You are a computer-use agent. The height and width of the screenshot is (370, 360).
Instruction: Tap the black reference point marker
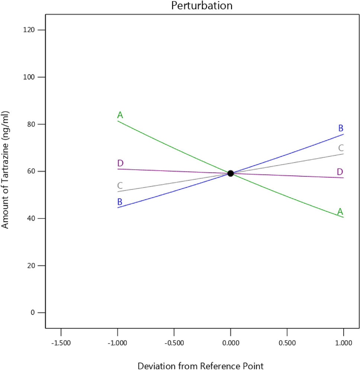pyautogui.click(x=231, y=173)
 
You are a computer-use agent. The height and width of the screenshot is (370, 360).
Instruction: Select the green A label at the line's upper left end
pyautogui.click(x=120, y=115)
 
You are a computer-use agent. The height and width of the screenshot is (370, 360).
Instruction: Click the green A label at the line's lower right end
pyautogui.click(x=340, y=211)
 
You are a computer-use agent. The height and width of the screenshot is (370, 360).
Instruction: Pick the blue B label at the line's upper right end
pyautogui.click(x=341, y=128)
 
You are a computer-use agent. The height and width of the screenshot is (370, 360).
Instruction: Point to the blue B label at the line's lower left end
pyautogui.click(x=120, y=202)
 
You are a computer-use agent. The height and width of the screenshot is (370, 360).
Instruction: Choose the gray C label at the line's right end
pyautogui.click(x=341, y=148)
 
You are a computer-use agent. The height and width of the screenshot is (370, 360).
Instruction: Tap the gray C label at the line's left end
pyautogui.click(x=120, y=185)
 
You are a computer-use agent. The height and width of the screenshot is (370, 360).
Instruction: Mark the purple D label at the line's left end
pyautogui.click(x=120, y=163)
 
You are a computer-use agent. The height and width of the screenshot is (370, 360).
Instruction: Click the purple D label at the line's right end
pyautogui.click(x=340, y=172)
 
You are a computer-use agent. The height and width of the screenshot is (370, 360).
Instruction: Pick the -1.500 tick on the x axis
pyautogui.click(x=61, y=342)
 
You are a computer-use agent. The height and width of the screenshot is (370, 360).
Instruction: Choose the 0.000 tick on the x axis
pyautogui.click(x=231, y=342)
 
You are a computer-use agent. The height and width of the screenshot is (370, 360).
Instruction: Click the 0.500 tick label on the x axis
pyautogui.click(x=287, y=342)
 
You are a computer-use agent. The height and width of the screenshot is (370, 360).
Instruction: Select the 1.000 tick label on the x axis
pyautogui.click(x=343, y=342)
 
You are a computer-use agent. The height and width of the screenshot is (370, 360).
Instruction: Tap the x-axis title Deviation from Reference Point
pyautogui.click(x=200, y=366)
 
